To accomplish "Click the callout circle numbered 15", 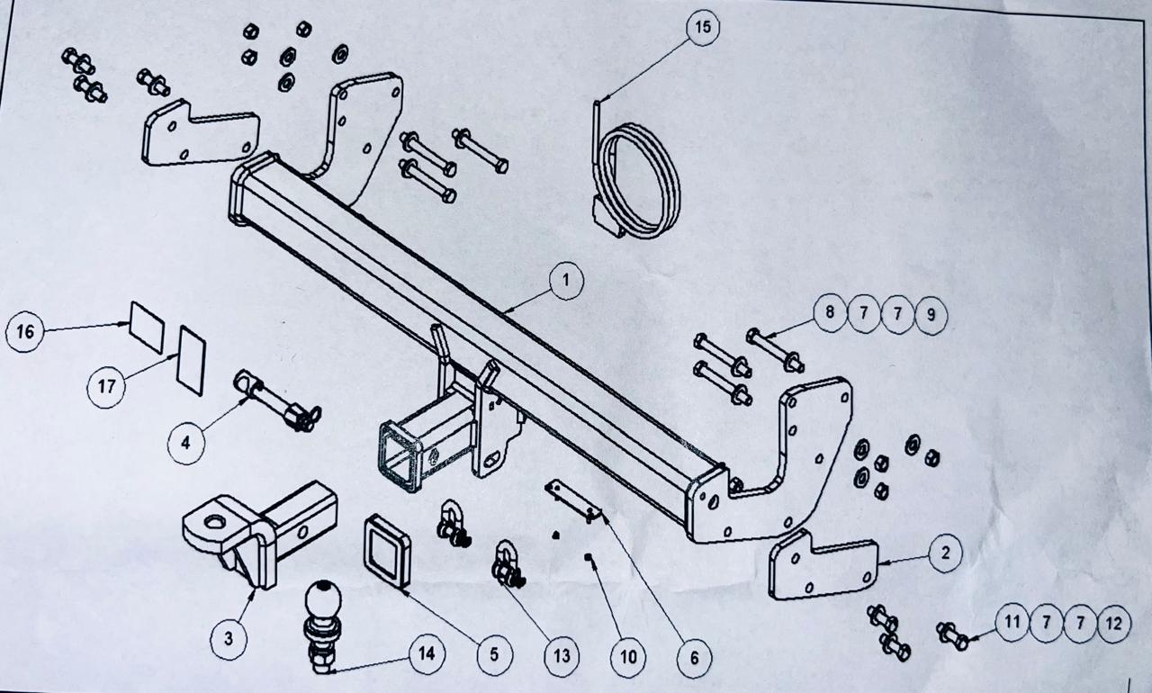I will [702, 28].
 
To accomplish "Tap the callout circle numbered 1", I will [565, 281].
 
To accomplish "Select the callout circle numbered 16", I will [25, 332].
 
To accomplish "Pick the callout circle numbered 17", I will [107, 388].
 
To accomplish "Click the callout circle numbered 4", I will [185, 443].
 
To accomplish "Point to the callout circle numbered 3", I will [229, 638].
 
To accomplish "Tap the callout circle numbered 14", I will [427, 654].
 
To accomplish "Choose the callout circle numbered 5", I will [493, 654].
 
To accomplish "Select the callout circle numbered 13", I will [562, 656].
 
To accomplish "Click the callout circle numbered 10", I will [628, 656].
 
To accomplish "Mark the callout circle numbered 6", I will [694, 658].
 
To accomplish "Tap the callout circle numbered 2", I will [944, 553].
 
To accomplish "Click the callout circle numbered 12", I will [1113, 623].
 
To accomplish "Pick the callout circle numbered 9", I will [931, 314].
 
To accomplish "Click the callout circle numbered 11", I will [1012, 622].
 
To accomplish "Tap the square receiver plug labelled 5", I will [387, 551].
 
